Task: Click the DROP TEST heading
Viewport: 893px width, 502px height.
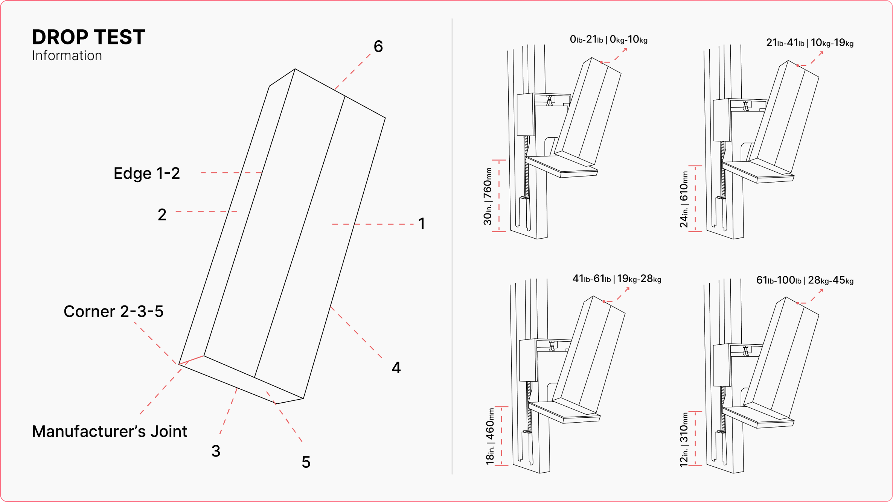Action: [x=88, y=37]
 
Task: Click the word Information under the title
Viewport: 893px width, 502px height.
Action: [x=67, y=56]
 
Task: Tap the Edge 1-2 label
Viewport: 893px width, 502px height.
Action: [x=147, y=173]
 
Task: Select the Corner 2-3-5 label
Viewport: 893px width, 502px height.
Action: [x=113, y=312]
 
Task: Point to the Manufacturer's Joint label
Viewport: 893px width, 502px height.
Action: [x=110, y=432]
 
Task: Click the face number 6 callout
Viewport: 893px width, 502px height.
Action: [x=378, y=47]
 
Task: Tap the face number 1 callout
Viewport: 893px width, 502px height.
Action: [x=422, y=224]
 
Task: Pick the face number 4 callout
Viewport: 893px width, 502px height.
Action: [x=396, y=368]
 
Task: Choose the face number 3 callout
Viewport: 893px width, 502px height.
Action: [x=216, y=451]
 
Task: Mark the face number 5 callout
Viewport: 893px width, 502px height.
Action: [x=306, y=462]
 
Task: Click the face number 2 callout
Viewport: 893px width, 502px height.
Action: [x=162, y=215]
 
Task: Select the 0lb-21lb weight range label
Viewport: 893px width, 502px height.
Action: [x=608, y=40]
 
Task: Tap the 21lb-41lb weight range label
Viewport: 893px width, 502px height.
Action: [x=809, y=43]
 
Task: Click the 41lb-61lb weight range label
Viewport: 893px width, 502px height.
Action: [x=617, y=279]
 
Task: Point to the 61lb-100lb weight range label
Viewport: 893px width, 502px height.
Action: [x=805, y=280]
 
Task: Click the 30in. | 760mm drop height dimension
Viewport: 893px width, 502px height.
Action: [x=488, y=196]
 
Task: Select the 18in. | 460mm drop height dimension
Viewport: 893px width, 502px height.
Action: [x=490, y=437]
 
